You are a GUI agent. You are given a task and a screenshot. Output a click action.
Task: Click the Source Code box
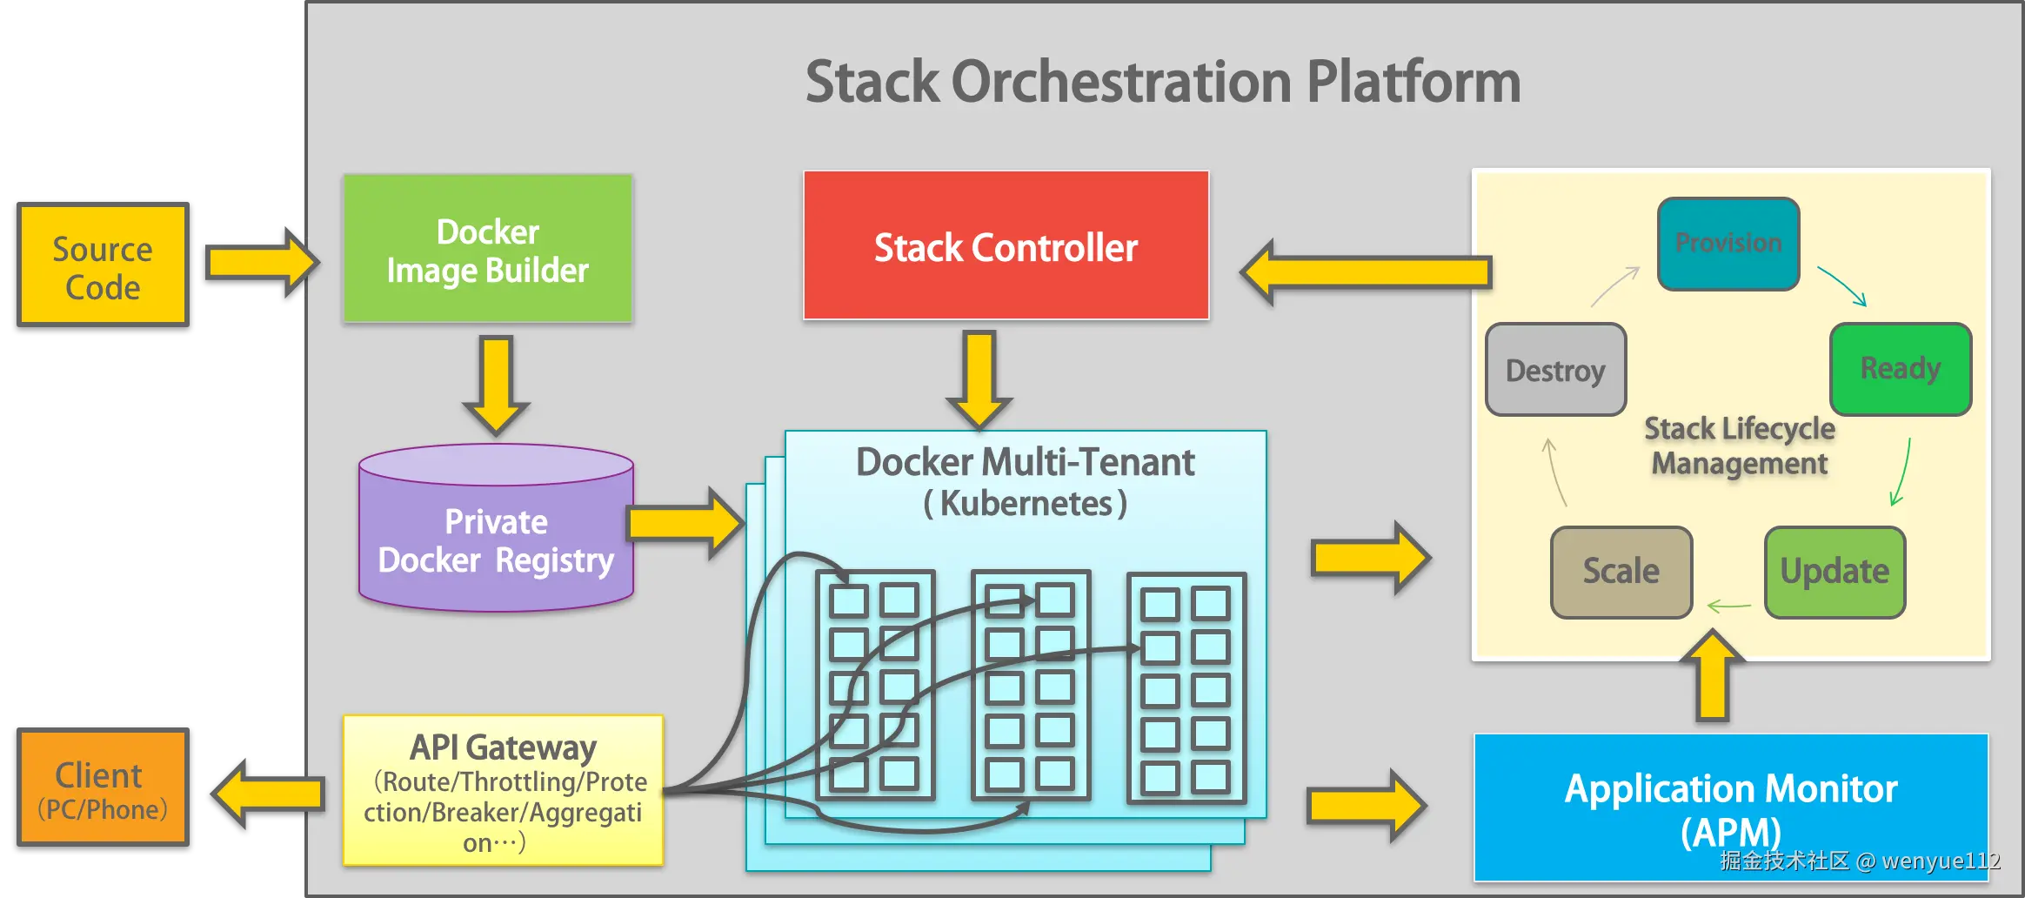click(103, 266)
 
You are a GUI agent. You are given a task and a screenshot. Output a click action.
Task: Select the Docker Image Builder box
click(488, 250)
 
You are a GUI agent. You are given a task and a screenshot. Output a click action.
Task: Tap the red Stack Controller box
click(1006, 246)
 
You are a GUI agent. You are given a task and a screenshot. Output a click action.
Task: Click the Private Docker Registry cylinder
click(496, 539)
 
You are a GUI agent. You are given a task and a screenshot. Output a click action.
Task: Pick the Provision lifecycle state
click(1728, 244)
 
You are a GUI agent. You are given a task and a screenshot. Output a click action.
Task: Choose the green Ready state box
click(1900, 369)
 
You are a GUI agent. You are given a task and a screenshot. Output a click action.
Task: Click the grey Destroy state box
click(1555, 371)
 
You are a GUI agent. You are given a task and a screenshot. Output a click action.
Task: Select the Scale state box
click(1621, 572)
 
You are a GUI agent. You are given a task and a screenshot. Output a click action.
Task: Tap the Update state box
click(1835, 572)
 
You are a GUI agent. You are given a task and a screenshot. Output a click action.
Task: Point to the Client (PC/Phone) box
click(103, 788)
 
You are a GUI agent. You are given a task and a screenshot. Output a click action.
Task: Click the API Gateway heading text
click(503, 747)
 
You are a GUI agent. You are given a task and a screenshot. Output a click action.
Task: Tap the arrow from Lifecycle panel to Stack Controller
click(1366, 272)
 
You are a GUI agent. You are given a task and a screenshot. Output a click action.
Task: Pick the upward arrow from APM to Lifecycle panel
click(1712, 679)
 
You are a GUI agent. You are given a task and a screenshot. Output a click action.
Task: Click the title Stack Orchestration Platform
click(1162, 82)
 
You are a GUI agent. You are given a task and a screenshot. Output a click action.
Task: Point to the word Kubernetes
click(1026, 504)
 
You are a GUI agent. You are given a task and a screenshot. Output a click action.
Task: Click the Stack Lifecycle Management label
click(1739, 446)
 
